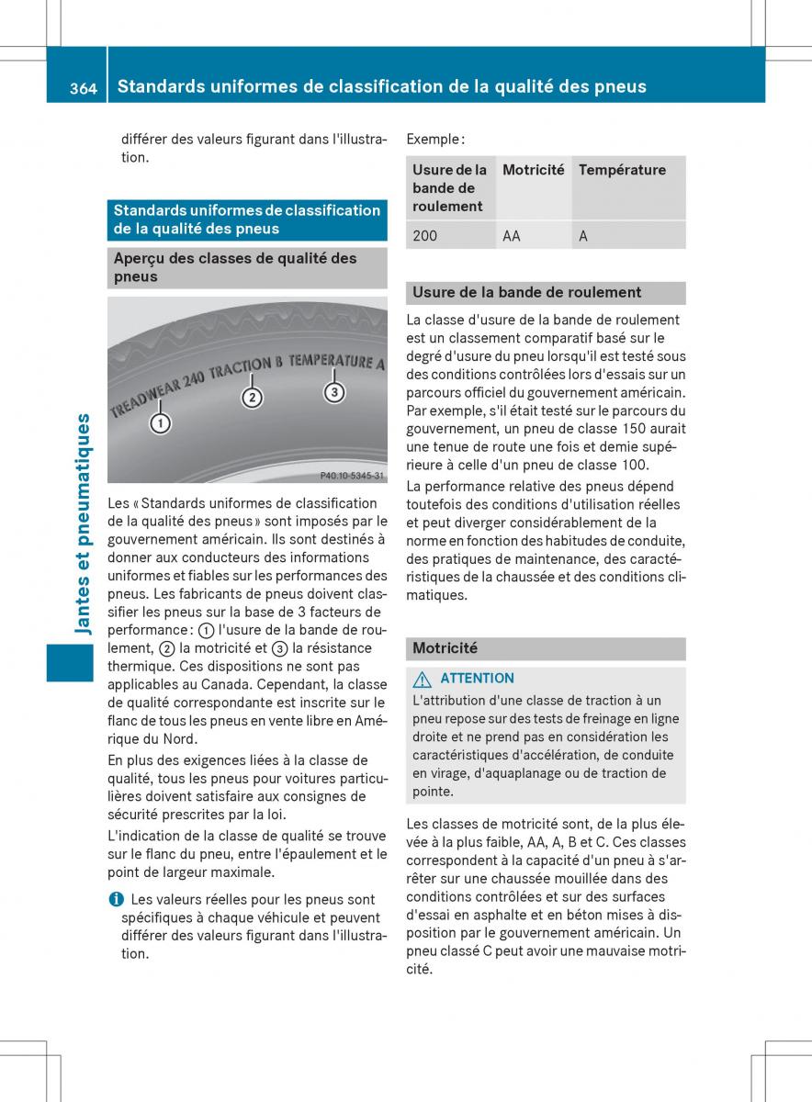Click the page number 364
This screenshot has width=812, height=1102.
83,87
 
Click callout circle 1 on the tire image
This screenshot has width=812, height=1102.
161,423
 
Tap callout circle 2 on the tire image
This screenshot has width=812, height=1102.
252,397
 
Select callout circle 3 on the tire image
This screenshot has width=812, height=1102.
333,392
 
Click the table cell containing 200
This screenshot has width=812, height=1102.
425,236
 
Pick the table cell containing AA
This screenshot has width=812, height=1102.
512,236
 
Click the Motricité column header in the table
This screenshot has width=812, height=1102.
533,170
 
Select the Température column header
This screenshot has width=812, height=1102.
622,170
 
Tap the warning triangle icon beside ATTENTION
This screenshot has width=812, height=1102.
422,679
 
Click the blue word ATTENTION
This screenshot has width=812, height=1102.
477,679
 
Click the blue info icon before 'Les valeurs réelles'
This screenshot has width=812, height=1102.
114,900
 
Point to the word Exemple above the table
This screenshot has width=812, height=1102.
434,140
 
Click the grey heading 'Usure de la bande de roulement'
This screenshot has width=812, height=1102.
526,292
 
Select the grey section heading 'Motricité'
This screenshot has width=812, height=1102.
445,648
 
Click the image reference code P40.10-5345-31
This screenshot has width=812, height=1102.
352,476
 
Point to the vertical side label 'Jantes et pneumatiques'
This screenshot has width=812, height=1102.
83,523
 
